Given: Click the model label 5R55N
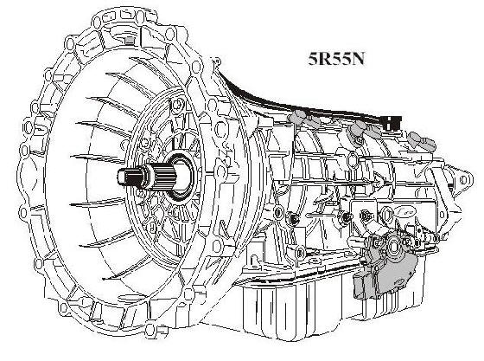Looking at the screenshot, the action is (336, 58).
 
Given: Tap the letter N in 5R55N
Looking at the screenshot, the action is (358, 58).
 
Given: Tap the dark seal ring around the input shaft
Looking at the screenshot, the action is (181, 177).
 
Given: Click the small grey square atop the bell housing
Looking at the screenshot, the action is (131, 40).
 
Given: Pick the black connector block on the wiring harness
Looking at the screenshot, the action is (391, 121).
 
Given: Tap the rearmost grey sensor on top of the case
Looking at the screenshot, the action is (423, 139).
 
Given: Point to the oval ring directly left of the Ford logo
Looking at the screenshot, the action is (387, 213).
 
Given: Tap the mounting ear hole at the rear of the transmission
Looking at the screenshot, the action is (463, 180).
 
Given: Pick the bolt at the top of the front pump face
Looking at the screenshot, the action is (176, 105).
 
